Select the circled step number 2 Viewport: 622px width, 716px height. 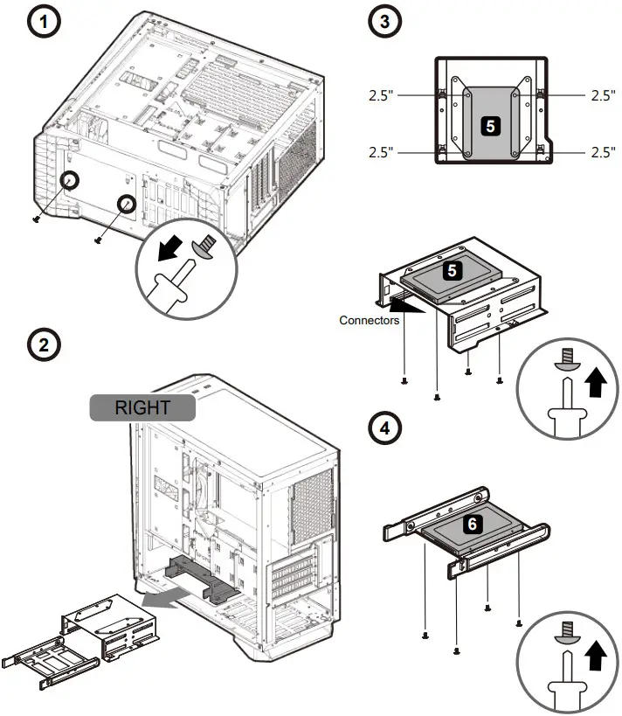coord(45,344)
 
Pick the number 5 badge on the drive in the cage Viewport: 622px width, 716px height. coord(452,270)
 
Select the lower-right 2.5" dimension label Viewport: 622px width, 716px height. coord(603,152)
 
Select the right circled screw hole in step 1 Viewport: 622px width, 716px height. coord(128,204)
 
